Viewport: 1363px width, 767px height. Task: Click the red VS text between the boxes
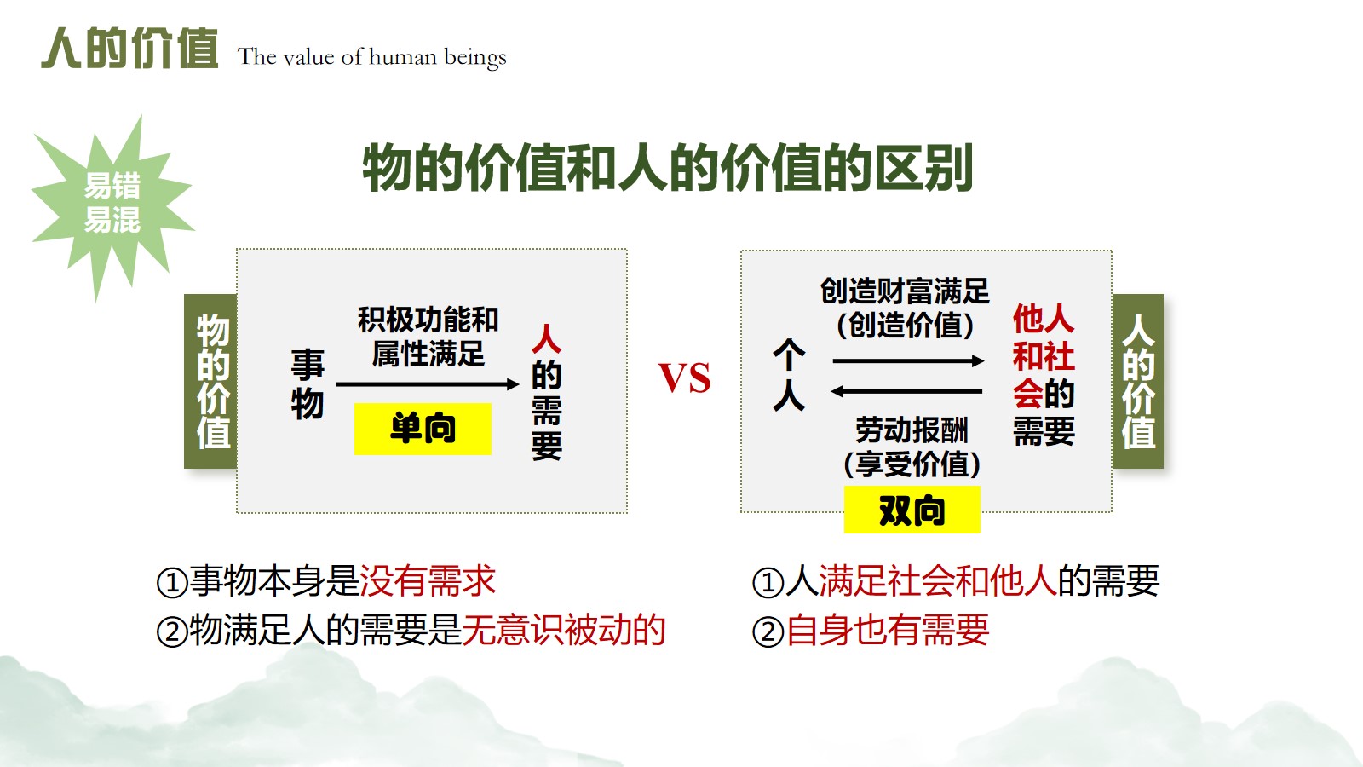(685, 378)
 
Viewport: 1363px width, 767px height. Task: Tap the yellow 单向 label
(423, 429)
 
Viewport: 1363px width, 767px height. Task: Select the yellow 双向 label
(912, 510)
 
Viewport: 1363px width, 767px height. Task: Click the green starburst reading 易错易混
(112, 204)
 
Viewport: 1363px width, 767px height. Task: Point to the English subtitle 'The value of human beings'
(371, 57)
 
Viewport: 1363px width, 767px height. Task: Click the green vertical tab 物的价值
(211, 381)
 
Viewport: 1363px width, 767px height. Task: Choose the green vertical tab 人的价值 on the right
(1138, 381)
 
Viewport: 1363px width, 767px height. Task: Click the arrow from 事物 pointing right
(428, 384)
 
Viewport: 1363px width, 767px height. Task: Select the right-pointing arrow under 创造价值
(908, 361)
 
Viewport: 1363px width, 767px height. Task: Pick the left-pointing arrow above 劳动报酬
(906, 391)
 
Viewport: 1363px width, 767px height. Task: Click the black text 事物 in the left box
(308, 383)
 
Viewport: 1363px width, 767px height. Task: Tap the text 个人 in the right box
(789, 376)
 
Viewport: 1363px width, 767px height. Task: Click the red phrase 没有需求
(428, 580)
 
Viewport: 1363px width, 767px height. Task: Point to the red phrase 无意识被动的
(564, 630)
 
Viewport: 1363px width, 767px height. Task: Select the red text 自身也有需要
(887, 630)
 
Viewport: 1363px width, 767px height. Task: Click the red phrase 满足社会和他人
(938, 580)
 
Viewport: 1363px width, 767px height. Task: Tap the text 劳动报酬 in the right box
(912, 430)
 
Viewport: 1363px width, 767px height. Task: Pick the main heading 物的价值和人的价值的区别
(668, 168)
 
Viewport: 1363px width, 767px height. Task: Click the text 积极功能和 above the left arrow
(428, 320)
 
